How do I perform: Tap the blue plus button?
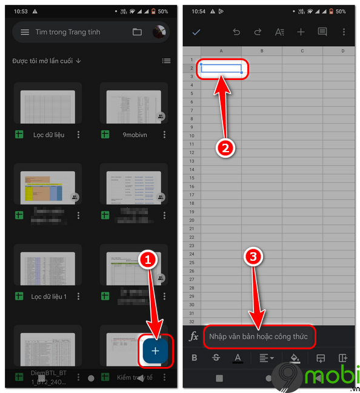coord(156,351)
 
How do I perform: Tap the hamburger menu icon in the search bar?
coord(25,32)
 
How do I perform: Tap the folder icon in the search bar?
coord(137,32)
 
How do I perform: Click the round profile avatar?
coord(159,32)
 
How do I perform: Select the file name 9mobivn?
coord(131,135)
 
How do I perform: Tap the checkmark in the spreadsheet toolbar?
coord(196,32)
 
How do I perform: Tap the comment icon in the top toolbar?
coord(322,32)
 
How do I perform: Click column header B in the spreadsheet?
coord(262,51)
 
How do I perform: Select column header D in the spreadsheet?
coord(343,51)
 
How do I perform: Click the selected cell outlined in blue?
coord(221,69)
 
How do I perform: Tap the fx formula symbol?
coord(194,336)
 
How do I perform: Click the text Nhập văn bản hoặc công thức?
coord(259,336)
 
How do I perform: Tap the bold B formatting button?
coord(194,358)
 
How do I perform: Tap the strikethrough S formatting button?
coord(216,358)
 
